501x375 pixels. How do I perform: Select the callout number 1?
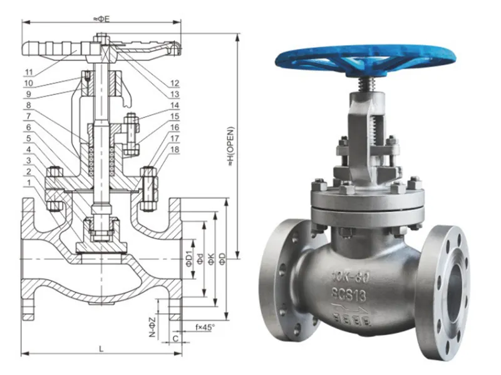point(29,182)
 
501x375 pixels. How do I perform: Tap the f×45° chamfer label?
point(205,327)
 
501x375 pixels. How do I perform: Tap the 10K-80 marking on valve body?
point(348,278)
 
